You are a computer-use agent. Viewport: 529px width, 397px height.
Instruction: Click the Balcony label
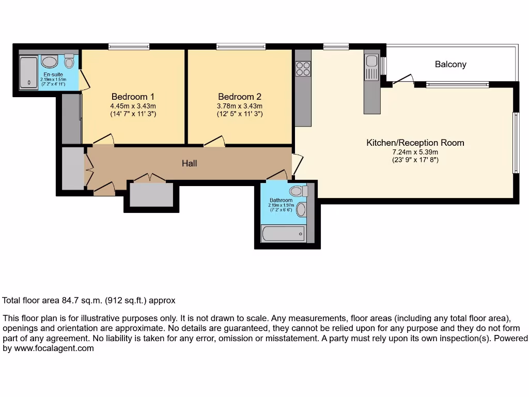click(x=450, y=65)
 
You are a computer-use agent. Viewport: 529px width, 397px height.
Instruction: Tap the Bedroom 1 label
click(x=133, y=97)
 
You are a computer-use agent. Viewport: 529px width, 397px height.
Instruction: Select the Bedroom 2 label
click(x=240, y=97)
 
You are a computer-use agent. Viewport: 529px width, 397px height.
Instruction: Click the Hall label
click(x=189, y=163)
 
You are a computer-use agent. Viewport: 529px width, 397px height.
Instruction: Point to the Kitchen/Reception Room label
click(x=415, y=143)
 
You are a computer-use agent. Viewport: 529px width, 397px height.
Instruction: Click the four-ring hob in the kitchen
click(x=303, y=68)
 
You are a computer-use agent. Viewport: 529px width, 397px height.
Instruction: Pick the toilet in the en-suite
click(x=69, y=62)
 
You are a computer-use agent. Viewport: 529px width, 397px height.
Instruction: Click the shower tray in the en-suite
click(x=28, y=72)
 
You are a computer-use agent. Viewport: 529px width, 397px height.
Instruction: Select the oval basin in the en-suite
click(x=50, y=63)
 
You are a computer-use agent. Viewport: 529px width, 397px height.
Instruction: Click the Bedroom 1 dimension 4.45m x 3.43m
click(x=133, y=106)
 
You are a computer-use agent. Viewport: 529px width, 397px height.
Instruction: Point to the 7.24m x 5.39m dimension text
click(x=415, y=152)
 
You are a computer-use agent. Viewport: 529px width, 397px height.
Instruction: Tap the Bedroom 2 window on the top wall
click(x=241, y=47)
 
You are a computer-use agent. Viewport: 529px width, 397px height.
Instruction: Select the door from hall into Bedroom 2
click(x=214, y=141)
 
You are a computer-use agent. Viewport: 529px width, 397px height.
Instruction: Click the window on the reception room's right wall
click(x=515, y=143)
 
